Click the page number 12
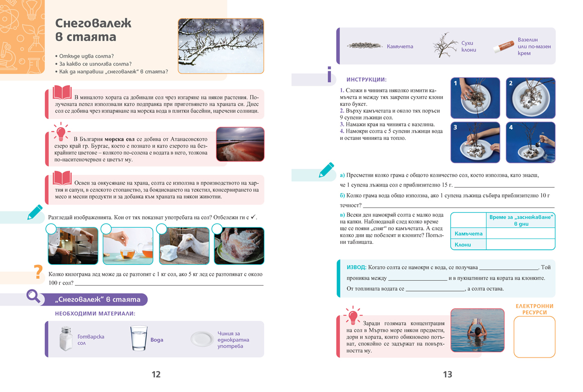[x=156, y=375]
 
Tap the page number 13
[x=447, y=375]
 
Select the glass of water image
[x=138, y=338]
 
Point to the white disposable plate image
[x=202, y=339]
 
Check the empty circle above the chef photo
[x=51, y=229]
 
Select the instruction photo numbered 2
[x=530, y=98]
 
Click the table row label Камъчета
[x=468, y=234]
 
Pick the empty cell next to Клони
[x=520, y=244]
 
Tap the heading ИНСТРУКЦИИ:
[x=366, y=79]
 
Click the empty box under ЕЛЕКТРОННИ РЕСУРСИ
[x=534, y=337]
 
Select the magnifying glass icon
[x=34, y=296]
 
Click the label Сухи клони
[x=468, y=46]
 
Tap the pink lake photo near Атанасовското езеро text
[x=240, y=144]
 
